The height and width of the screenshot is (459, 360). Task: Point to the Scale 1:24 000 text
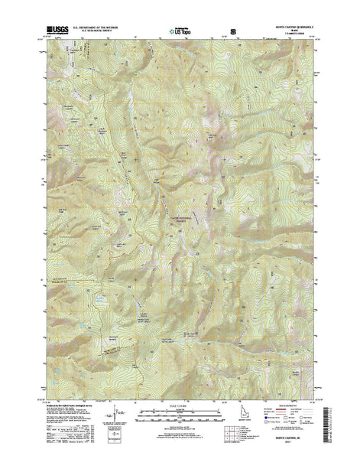click(174, 416)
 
